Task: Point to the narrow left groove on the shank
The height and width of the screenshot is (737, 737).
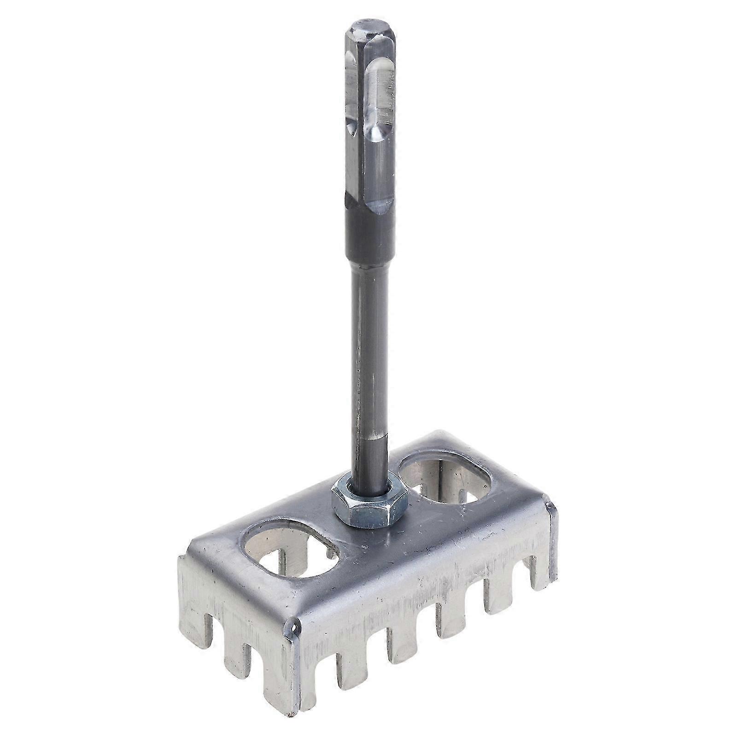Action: coord(351,92)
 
